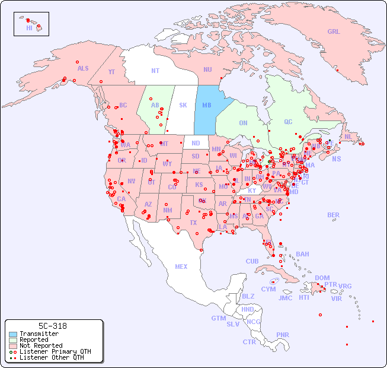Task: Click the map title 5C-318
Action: (x=52, y=326)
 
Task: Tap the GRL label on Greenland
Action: (x=334, y=31)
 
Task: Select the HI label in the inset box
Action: (x=29, y=28)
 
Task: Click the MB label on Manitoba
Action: (x=207, y=105)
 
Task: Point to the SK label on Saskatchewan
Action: (x=183, y=105)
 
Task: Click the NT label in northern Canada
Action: (x=155, y=71)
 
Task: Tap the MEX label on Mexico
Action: (x=181, y=267)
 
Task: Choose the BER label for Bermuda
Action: (x=334, y=215)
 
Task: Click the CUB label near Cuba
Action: (x=252, y=261)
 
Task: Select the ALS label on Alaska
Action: (x=83, y=68)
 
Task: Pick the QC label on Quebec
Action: (x=288, y=122)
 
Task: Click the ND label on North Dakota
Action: (x=196, y=143)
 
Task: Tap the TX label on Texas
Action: (x=193, y=223)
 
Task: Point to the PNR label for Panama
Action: (x=283, y=335)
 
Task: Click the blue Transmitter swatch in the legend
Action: (x=13, y=334)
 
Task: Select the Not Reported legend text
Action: (x=41, y=345)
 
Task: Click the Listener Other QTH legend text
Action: (x=52, y=357)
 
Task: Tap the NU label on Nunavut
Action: (x=207, y=69)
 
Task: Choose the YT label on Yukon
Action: (x=111, y=71)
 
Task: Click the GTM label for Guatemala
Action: (x=218, y=318)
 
